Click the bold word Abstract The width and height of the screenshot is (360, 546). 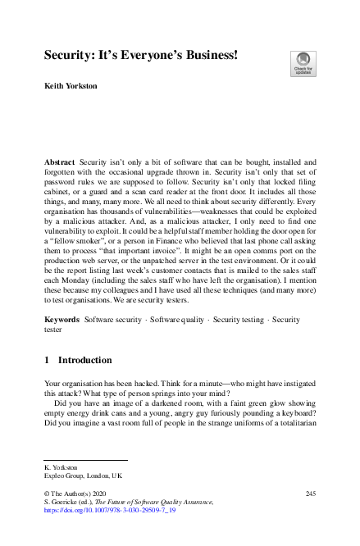pyautogui.click(x=59, y=163)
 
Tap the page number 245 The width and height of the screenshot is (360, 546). pyautogui.click(x=310, y=492)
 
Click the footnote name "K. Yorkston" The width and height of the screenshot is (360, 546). pyautogui.click(x=61, y=467)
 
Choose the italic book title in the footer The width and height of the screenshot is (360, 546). pyautogui.click(x=156, y=501)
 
